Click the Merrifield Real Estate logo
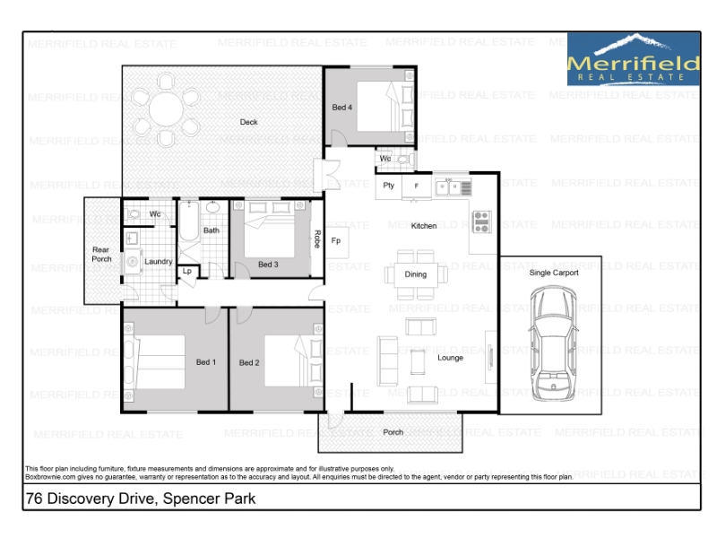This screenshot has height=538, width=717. (x=634, y=59)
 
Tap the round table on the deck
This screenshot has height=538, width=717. (x=166, y=109)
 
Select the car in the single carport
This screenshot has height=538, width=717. (x=553, y=343)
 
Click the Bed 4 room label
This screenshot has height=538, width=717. (x=342, y=108)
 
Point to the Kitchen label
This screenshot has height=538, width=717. (x=424, y=226)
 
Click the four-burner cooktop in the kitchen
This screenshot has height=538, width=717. (x=482, y=221)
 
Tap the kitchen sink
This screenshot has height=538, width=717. (x=448, y=187)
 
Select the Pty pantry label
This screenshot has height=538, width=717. (x=389, y=186)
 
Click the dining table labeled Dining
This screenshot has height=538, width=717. (x=416, y=274)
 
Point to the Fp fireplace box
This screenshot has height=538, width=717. (x=336, y=240)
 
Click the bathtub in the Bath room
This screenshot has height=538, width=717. (x=189, y=221)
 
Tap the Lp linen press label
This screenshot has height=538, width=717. (x=187, y=272)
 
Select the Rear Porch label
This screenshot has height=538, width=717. (x=101, y=255)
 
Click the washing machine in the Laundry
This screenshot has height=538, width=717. (x=133, y=262)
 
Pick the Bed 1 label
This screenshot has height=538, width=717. (x=206, y=362)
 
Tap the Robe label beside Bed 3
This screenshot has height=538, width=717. (x=317, y=239)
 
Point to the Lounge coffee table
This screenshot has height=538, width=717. (x=418, y=361)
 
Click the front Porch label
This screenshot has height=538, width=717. (x=393, y=432)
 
